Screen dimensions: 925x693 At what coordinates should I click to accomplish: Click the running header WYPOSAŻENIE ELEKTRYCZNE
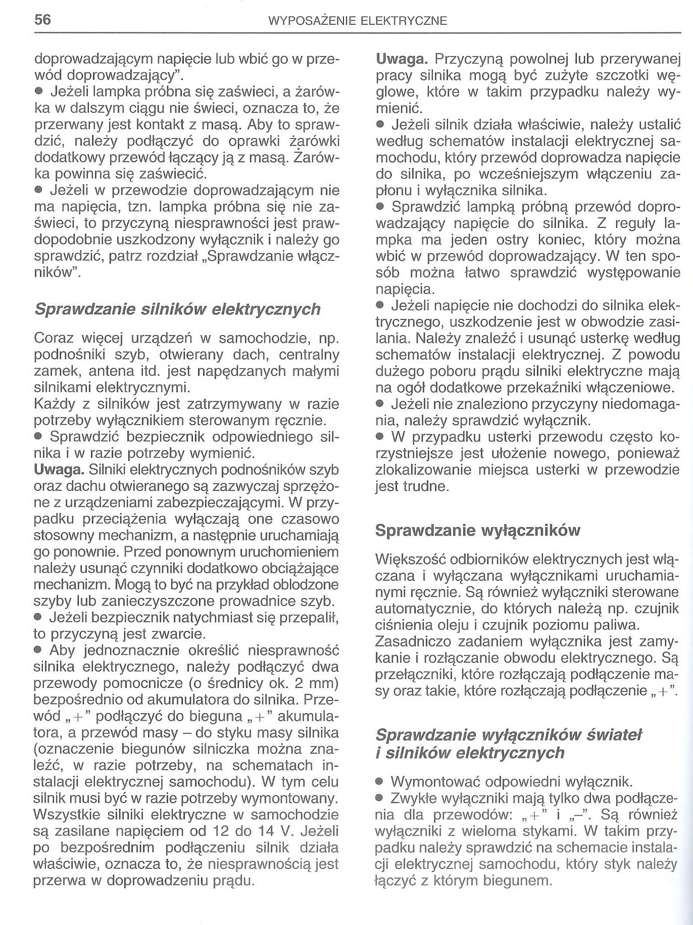pos(357,21)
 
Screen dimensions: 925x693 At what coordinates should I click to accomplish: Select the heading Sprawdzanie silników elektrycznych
pos(177,309)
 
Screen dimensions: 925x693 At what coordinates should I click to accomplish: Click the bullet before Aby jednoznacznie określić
pos(38,650)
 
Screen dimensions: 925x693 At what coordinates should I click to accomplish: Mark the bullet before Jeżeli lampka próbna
pos(38,92)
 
